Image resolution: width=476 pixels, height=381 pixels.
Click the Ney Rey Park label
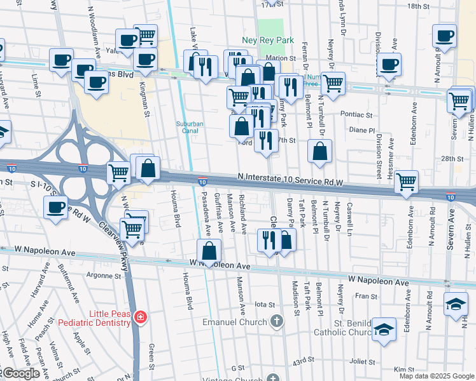(268, 40)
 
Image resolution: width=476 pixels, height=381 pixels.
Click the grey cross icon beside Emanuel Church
(276, 321)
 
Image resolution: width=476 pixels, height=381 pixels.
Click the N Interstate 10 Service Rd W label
(290, 182)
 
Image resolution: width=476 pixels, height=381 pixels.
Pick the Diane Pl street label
(363, 130)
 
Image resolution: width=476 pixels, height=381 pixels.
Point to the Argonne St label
(104, 276)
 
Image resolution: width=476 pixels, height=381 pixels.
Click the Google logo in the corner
(20, 373)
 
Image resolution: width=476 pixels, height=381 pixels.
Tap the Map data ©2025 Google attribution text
(436, 376)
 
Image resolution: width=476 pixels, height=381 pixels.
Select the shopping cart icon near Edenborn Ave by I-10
(406, 182)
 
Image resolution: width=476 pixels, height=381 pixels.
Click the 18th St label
(418, 6)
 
